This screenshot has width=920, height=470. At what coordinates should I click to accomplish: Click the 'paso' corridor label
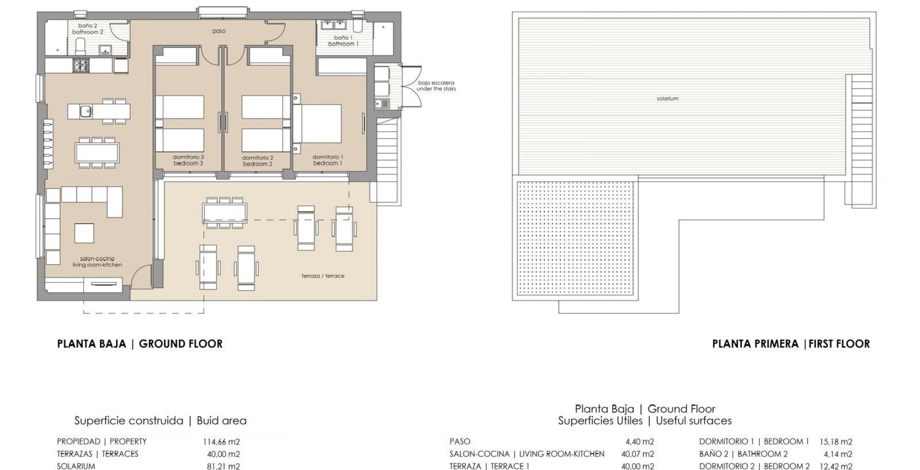219,31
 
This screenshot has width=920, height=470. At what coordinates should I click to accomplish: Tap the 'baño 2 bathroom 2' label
88,29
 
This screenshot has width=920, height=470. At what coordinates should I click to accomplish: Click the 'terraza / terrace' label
323,276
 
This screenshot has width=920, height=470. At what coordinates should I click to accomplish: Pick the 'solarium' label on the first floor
667,98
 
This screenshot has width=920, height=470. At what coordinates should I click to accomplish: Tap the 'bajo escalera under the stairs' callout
436,86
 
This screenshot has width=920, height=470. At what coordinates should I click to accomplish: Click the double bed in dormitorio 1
317,123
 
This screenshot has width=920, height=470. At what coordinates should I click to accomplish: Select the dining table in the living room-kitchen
97,153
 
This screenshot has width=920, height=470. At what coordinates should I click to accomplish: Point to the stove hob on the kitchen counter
80,65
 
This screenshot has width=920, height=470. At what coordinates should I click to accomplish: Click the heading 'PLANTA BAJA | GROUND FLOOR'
140,344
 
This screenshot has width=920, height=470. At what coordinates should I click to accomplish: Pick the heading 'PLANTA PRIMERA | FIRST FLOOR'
791,344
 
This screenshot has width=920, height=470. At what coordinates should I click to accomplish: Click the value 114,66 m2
221,442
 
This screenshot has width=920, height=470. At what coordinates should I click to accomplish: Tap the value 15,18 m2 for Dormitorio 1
836,442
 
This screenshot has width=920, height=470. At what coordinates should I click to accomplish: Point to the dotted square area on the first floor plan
575,237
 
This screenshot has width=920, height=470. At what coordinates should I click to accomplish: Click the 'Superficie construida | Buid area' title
161,421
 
